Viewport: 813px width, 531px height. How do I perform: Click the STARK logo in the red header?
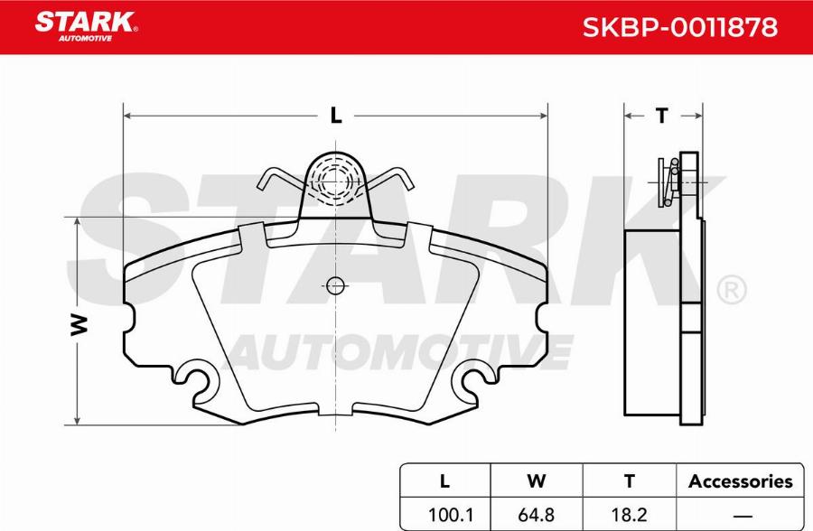[x=86, y=23]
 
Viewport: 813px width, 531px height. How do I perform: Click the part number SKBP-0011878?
[x=678, y=27]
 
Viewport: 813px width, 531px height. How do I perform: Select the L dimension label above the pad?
[x=335, y=116]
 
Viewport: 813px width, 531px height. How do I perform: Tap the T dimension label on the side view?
[x=661, y=116]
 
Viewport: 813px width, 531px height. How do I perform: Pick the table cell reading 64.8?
[x=537, y=516]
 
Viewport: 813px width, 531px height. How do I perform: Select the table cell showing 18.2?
[x=630, y=516]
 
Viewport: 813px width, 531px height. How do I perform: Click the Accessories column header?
[x=740, y=481]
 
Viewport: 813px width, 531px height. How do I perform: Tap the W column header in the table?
[x=537, y=481]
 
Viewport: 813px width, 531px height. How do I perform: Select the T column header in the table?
[x=630, y=481]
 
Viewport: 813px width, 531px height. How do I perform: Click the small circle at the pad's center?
[x=335, y=286]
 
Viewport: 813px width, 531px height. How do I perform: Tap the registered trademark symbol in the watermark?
[x=730, y=291]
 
